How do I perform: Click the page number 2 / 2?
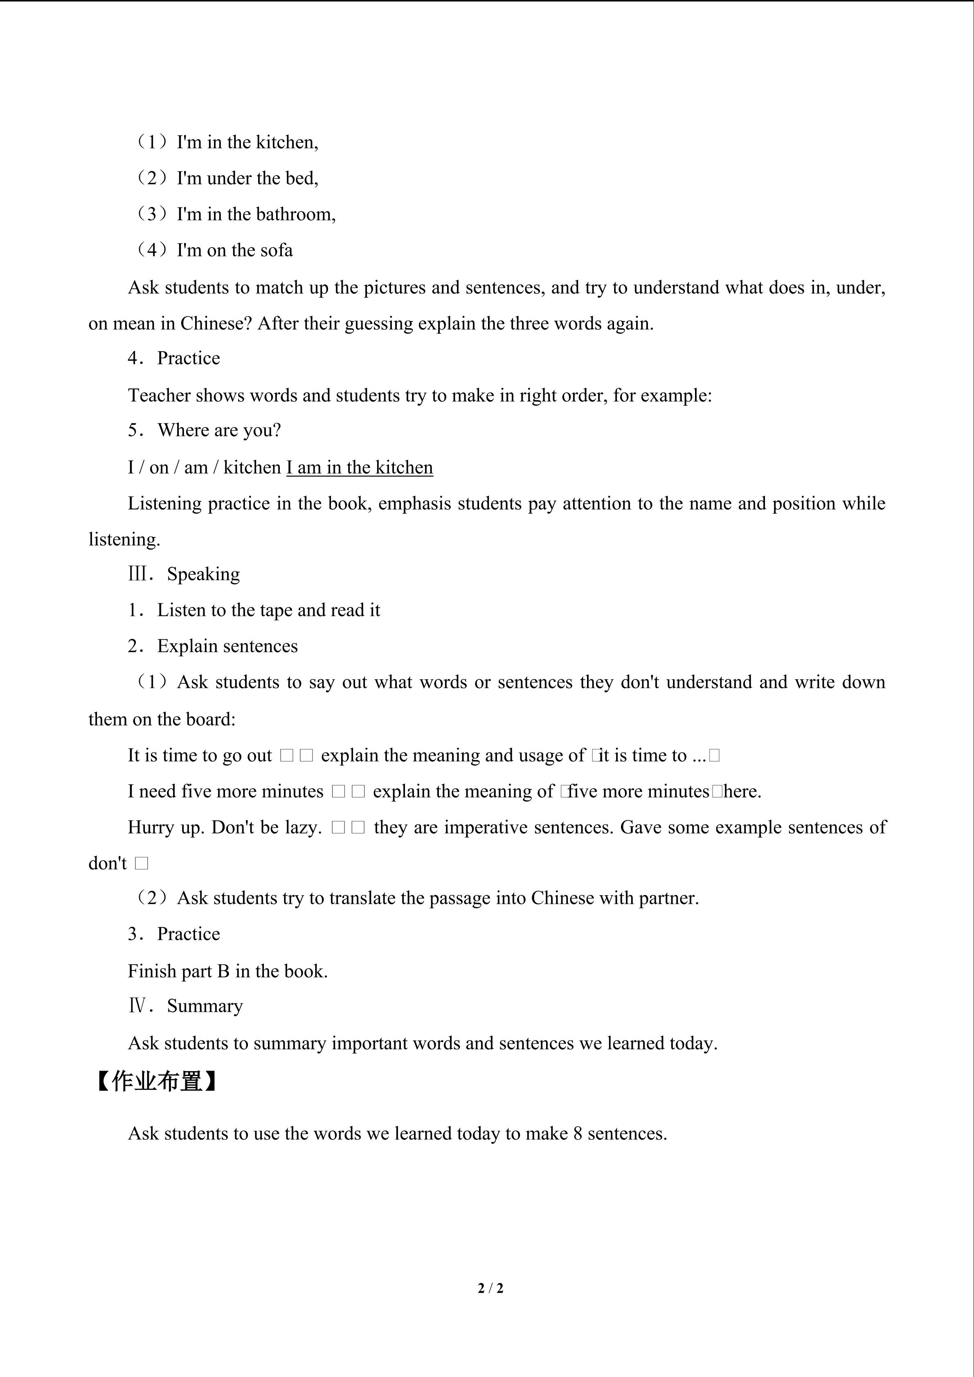(490, 1287)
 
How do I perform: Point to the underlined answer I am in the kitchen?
(359, 467)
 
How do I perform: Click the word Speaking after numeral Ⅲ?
(203, 574)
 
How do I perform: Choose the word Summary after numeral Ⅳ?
(205, 1006)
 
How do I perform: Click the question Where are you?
(219, 430)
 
